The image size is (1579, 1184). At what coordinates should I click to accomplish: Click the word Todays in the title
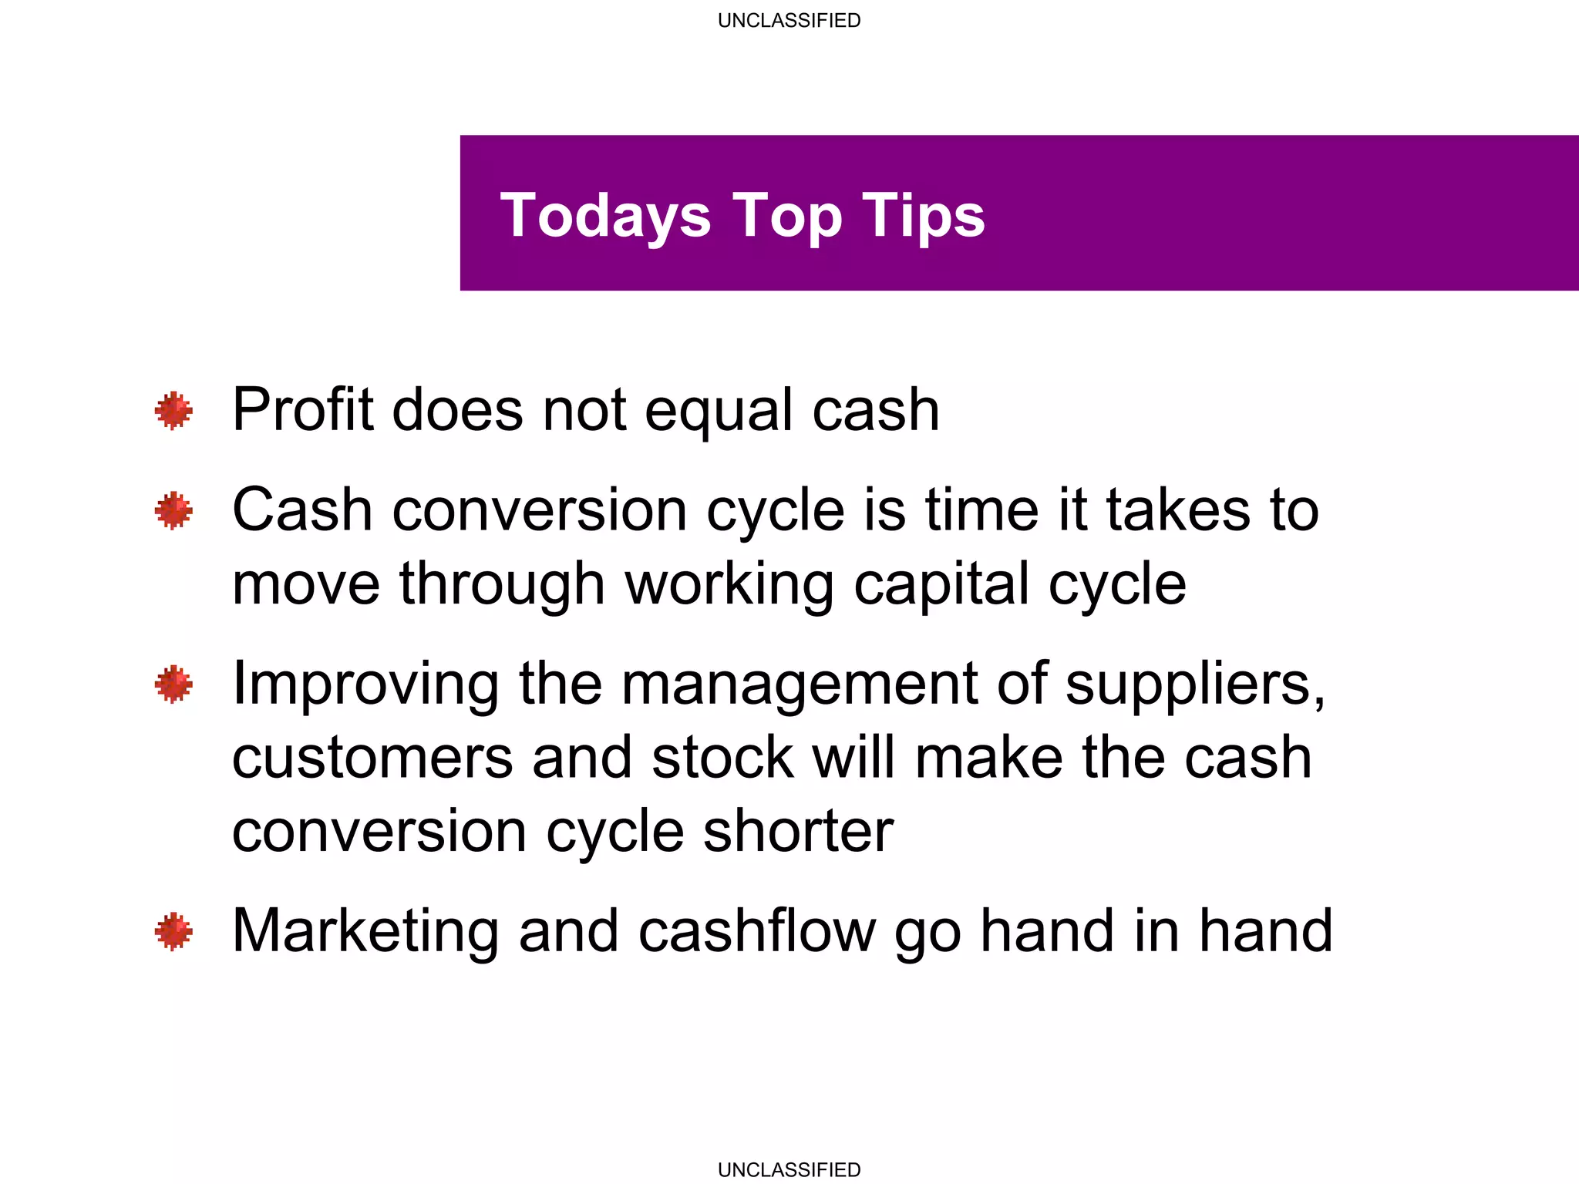pyautogui.click(x=605, y=216)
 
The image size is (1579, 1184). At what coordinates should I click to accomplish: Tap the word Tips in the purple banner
pyautogui.click(x=923, y=216)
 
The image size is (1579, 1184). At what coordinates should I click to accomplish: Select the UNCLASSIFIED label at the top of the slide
pyautogui.click(x=789, y=21)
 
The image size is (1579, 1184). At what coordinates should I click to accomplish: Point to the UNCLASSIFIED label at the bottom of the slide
pyautogui.click(x=789, y=1169)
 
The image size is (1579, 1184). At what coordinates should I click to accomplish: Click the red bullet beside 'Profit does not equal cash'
pyautogui.click(x=173, y=410)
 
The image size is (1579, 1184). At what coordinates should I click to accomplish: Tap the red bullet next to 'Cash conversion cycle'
pyautogui.click(x=173, y=510)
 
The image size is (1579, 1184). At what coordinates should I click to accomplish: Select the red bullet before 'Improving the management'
pyautogui.click(x=173, y=684)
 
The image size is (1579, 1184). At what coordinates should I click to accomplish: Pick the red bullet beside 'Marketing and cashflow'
pyautogui.click(x=173, y=931)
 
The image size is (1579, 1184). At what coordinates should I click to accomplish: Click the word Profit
pyautogui.click(x=302, y=410)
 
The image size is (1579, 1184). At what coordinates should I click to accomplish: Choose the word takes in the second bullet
pyautogui.click(x=1177, y=510)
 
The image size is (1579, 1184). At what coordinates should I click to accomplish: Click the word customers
pyautogui.click(x=372, y=758)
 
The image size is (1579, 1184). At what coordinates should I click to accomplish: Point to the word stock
pyautogui.click(x=722, y=758)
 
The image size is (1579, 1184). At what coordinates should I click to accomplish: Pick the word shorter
pyautogui.click(x=798, y=831)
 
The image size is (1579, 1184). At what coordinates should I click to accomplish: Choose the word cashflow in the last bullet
pyautogui.click(x=757, y=931)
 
